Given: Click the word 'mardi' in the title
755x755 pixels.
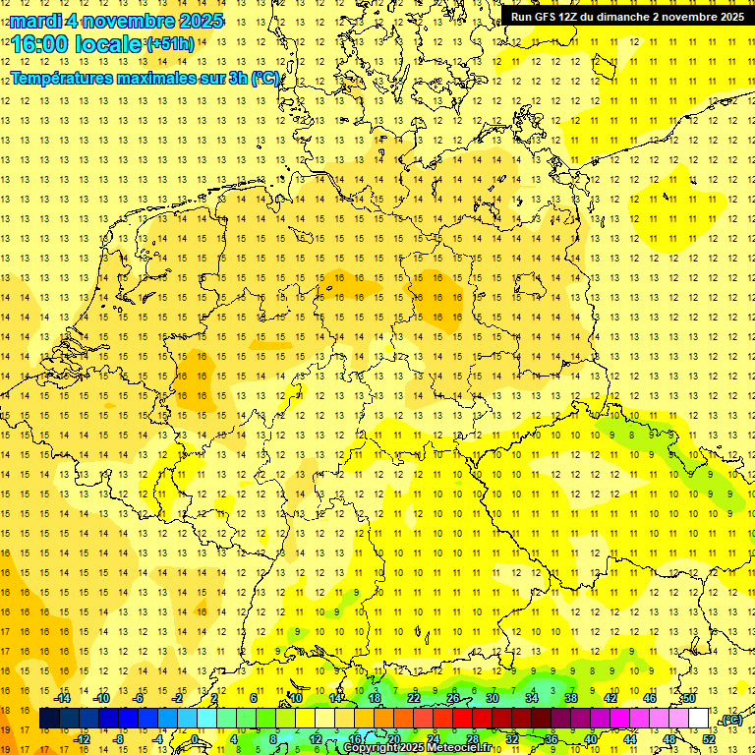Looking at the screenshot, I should (x=34, y=20).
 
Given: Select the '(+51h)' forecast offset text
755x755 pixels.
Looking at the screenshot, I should (x=170, y=44).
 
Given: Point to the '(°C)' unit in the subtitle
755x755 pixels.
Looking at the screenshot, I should (x=264, y=78).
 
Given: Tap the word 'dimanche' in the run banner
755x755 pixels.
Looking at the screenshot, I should (x=633, y=17).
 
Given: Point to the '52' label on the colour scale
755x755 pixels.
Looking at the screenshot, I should (x=708, y=739).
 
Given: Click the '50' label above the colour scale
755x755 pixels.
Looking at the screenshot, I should (x=689, y=698).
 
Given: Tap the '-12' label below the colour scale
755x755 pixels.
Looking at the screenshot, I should (x=83, y=739).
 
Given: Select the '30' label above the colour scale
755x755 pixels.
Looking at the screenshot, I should (x=493, y=698).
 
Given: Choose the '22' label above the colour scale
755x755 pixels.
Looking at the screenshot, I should (x=414, y=698).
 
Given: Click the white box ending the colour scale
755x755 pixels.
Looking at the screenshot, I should (x=698, y=719).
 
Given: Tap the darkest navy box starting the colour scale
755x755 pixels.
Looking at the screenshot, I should (x=49, y=719).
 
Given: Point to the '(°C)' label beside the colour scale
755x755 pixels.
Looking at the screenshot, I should (x=731, y=720).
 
